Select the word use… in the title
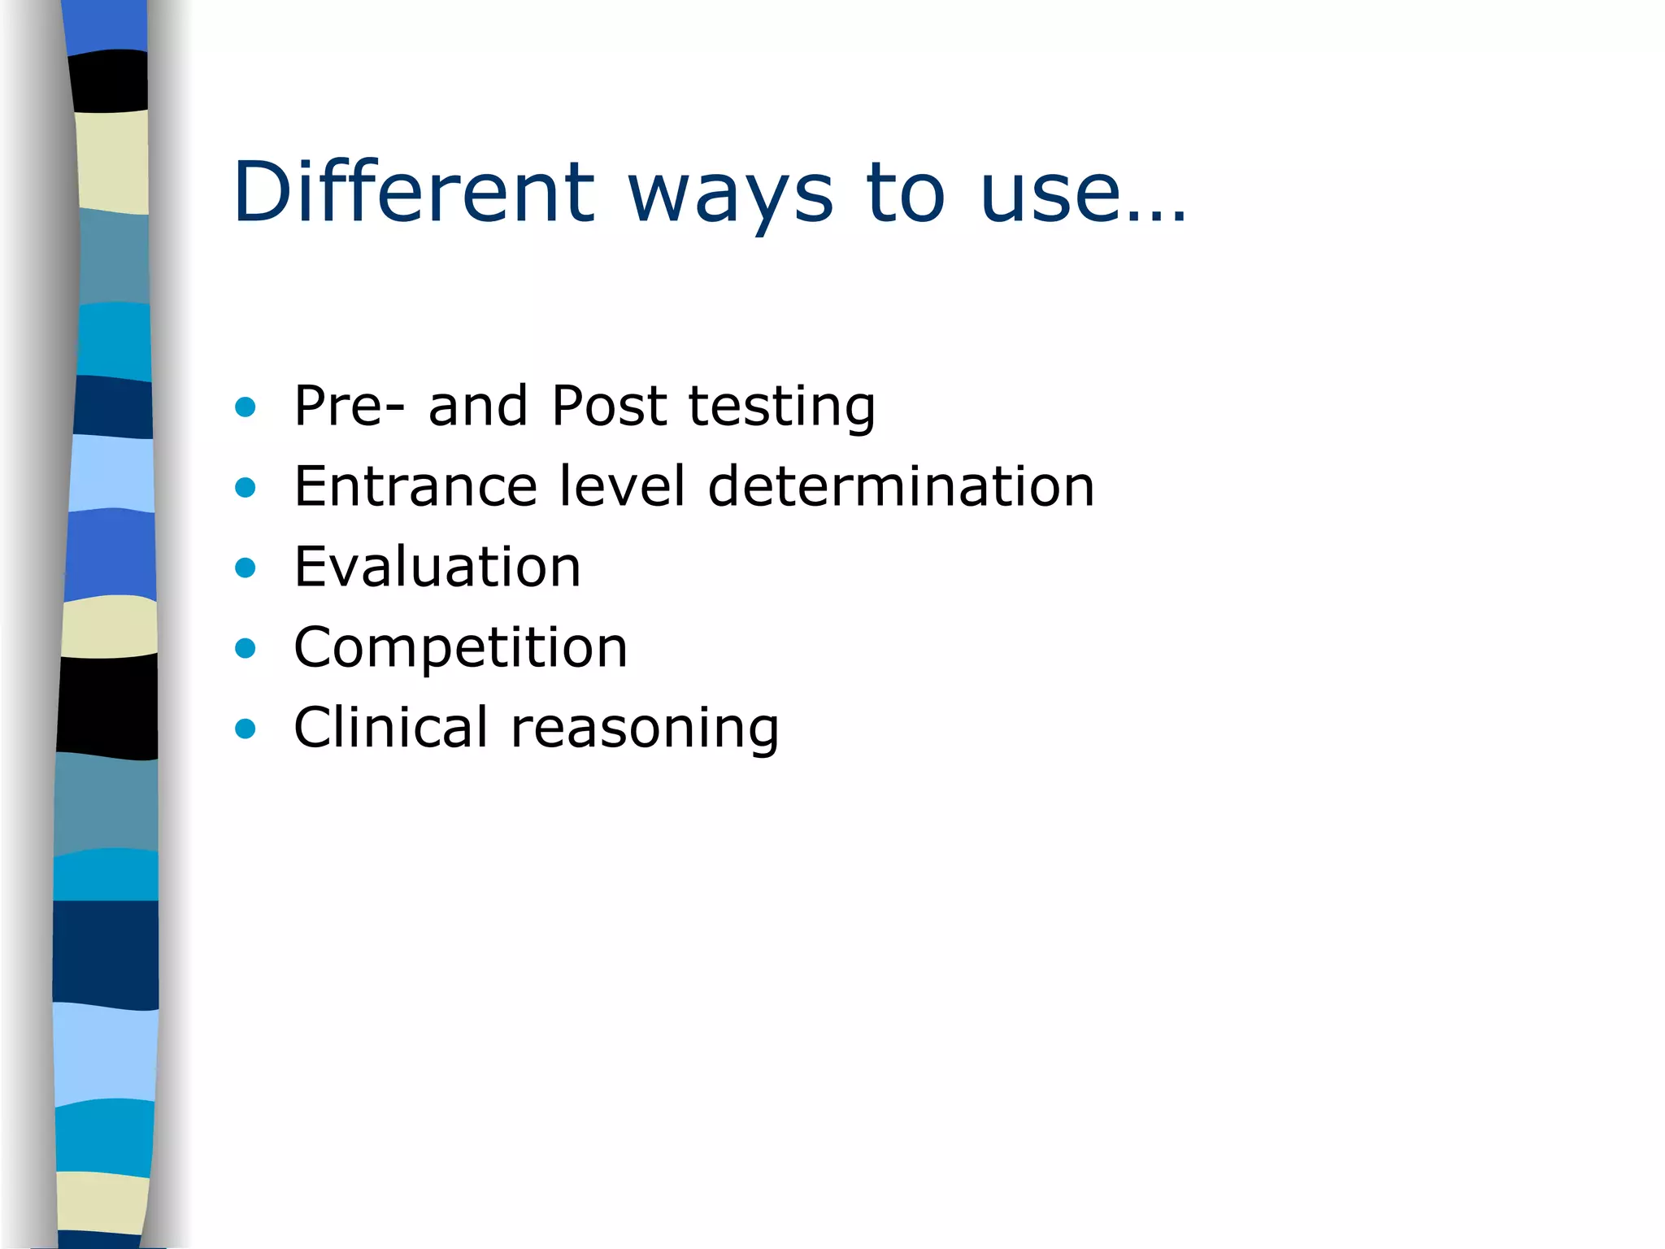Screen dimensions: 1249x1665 pos(1083,194)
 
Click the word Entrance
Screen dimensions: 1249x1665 pos(415,486)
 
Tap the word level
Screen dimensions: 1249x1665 pos(623,485)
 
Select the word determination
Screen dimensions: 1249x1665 pos(901,485)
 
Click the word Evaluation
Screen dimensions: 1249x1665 pos(437,566)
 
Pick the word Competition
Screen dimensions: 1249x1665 pos(460,649)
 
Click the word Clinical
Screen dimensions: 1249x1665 pos(390,727)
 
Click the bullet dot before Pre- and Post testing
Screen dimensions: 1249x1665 pos(245,407)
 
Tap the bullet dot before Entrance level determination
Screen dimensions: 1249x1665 pos(245,487)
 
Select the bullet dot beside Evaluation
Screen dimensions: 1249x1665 pos(245,568)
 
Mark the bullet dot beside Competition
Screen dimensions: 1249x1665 pos(245,648)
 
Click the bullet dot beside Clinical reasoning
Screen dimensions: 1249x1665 pos(245,729)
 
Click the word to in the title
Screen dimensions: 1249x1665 pos(905,194)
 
